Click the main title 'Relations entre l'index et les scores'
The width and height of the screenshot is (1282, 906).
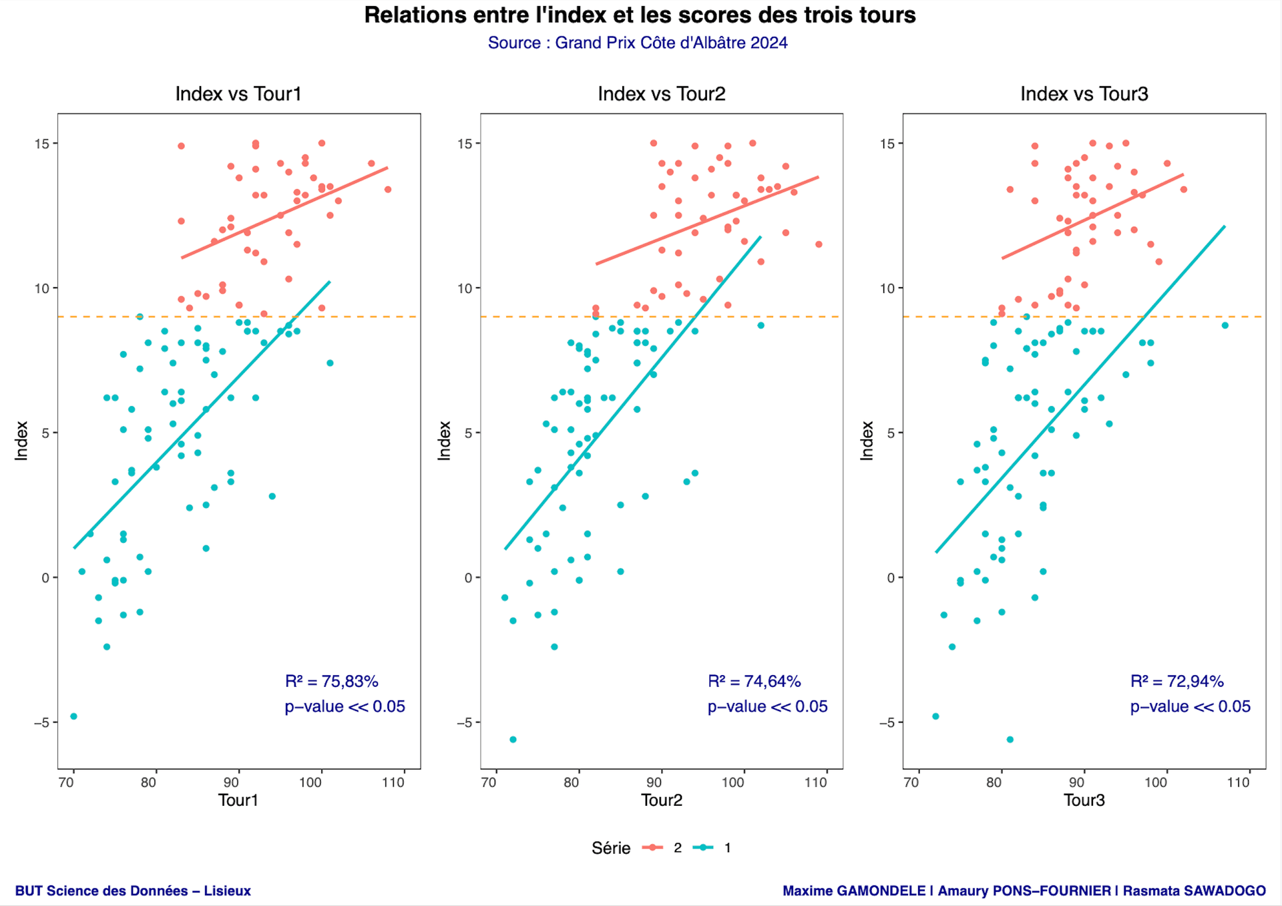[x=640, y=15]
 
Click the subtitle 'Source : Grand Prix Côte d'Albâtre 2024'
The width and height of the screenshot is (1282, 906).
[x=638, y=43]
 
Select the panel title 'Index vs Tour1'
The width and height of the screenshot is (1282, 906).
[x=238, y=94]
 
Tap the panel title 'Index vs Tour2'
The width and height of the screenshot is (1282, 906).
[x=661, y=94]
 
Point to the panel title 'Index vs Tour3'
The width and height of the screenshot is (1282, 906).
[x=1084, y=94]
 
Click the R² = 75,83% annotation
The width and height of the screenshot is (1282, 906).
[x=332, y=682]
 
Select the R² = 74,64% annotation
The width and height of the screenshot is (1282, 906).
[x=755, y=682]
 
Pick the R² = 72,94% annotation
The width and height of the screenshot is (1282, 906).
[x=1177, y=682]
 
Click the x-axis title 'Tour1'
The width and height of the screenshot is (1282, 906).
[x=238, y=800]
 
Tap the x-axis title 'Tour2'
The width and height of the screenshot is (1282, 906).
[x=661, y=800]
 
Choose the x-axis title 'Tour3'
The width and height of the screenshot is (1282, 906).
[x=1084, y=800]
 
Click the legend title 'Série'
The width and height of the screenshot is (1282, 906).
[x=611, y=848]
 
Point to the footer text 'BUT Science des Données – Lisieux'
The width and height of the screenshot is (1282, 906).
[x=133, y=891]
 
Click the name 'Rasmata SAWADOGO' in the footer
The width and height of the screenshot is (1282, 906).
[x=1194, y=891]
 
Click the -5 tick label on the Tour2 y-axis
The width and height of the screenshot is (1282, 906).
[x=465, y=722]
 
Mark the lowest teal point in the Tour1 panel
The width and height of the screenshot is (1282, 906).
[x=73, y=716]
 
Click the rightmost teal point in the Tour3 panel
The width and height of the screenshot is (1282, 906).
[x=1225, y=326]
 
